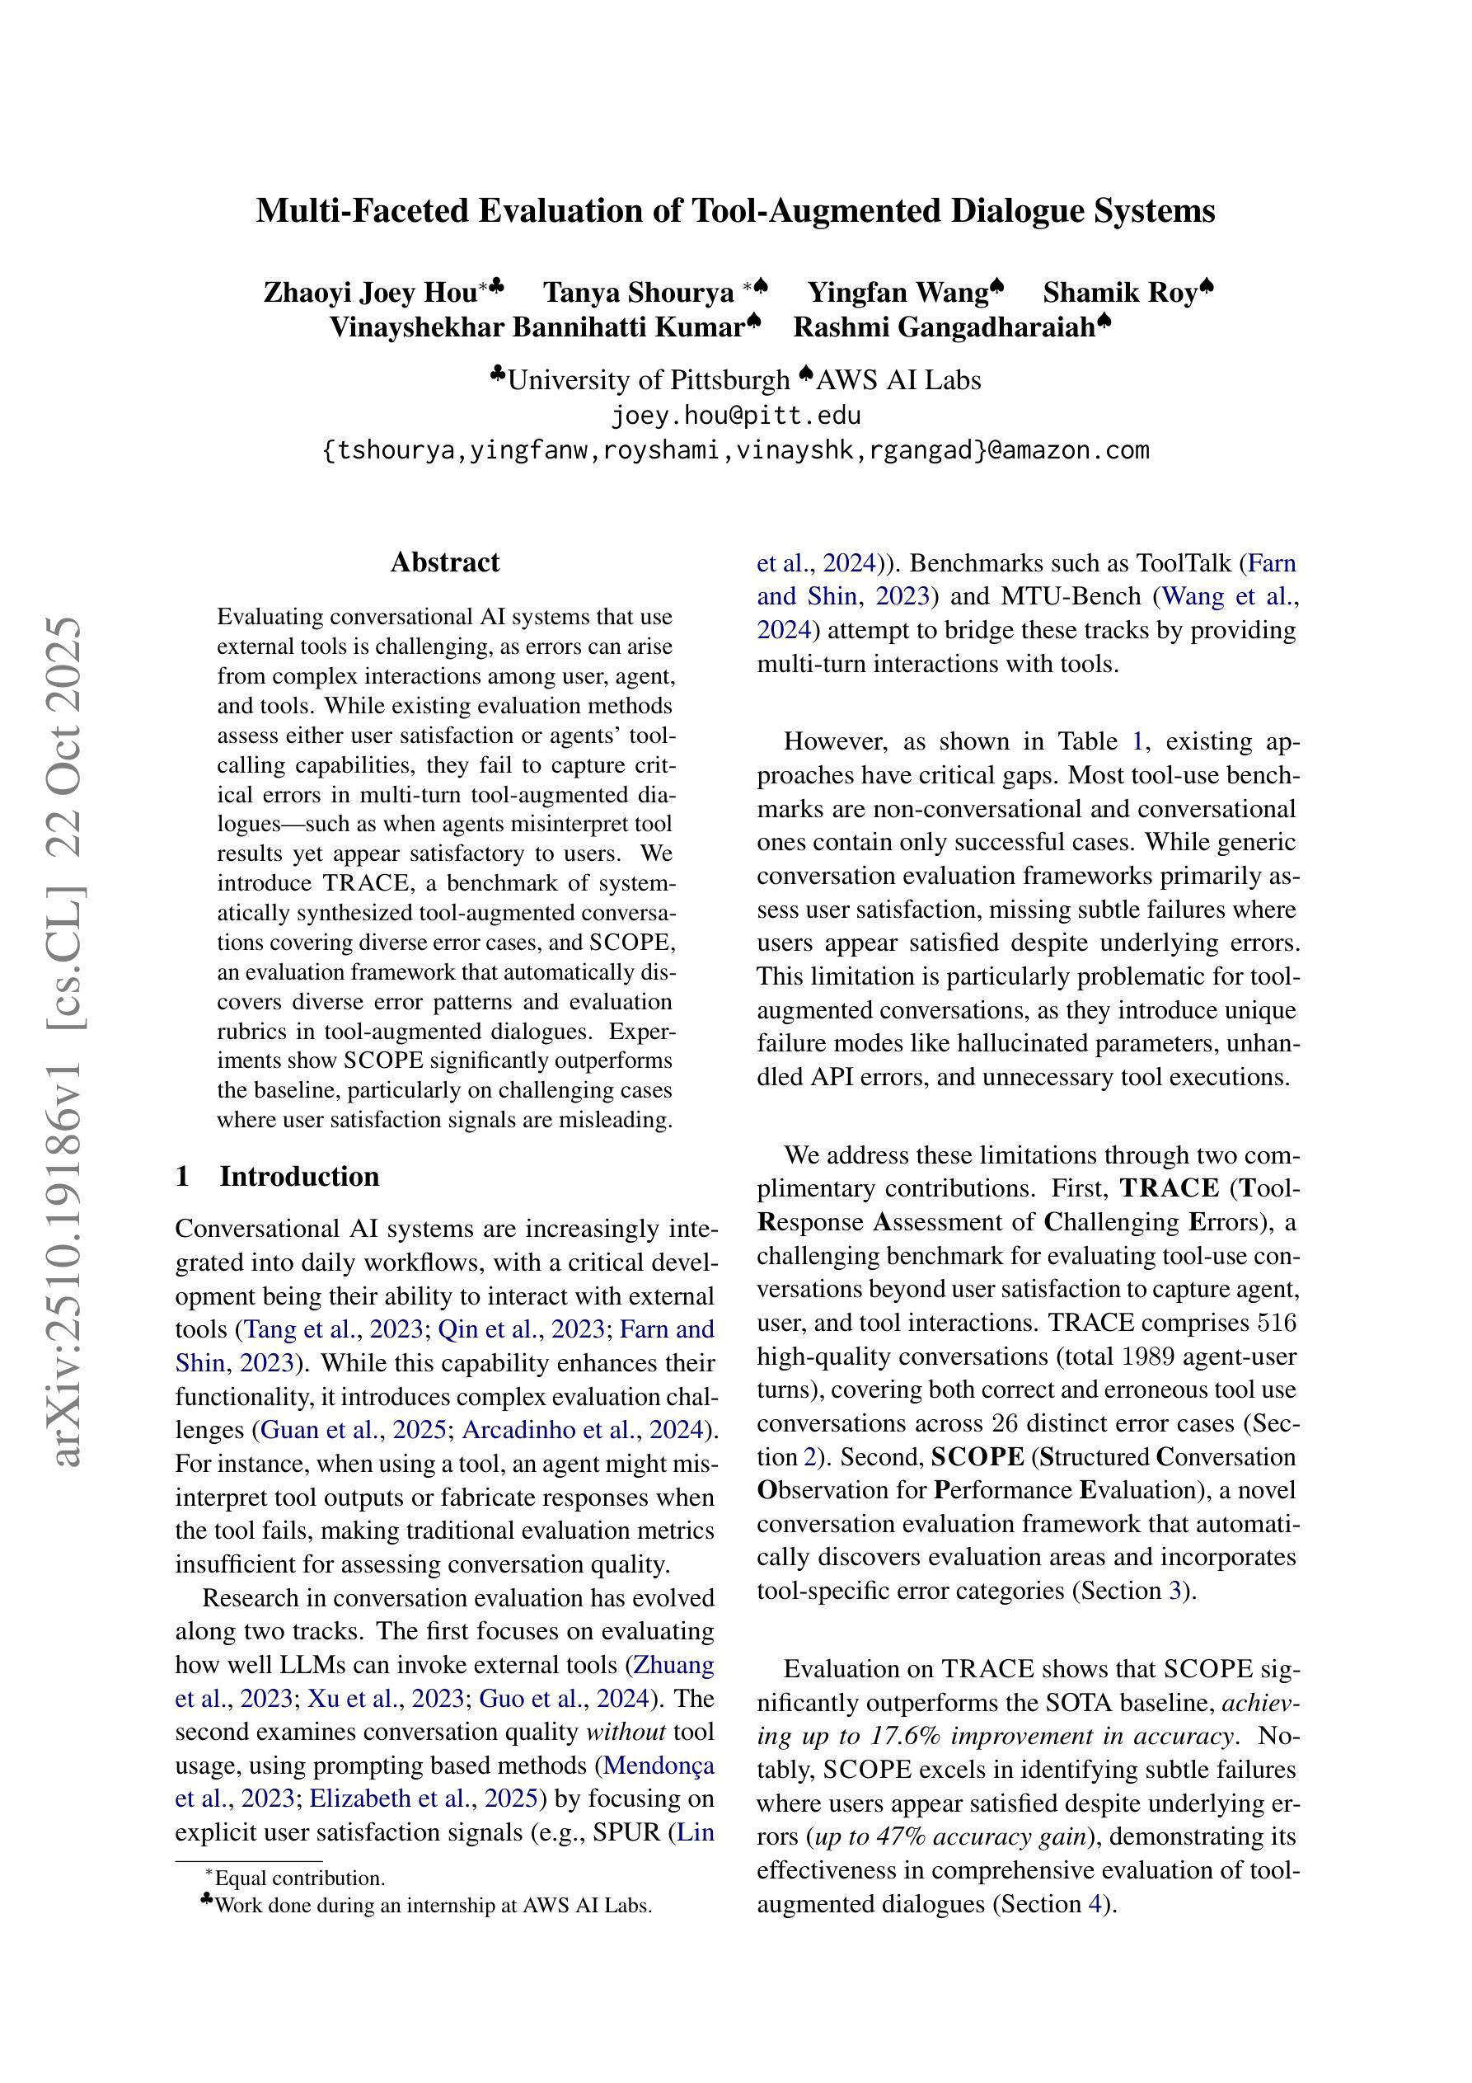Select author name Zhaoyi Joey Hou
(370, 293)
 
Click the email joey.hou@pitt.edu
(735, 416)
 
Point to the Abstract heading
(444, 562)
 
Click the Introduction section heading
(299, 1177)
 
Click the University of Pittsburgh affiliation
(649, 380)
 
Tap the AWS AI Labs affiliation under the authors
(898, 380)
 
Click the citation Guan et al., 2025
(353, 1431)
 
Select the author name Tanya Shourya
(639, 293)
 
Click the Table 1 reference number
(1137, 742)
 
